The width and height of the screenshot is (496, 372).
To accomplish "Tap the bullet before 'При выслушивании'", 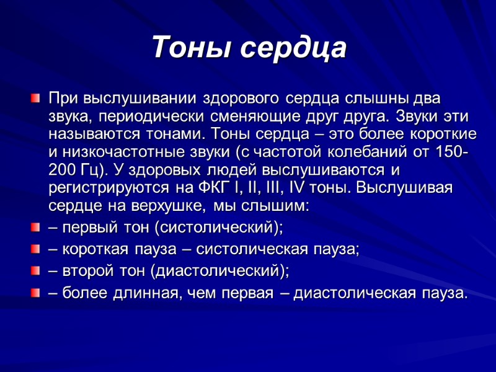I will (35, 98).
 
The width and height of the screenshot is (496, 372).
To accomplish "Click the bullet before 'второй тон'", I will (35, 270).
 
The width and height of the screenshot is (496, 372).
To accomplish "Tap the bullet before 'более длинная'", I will (35, 291).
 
